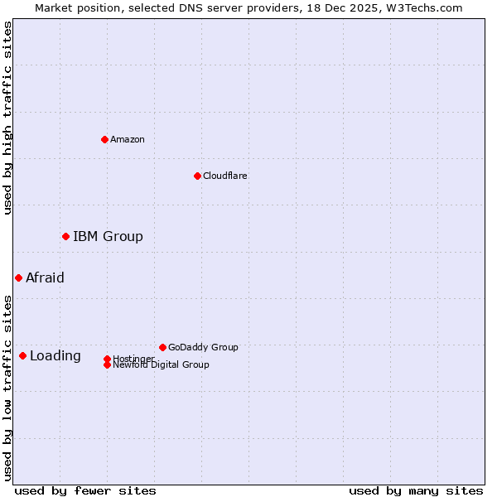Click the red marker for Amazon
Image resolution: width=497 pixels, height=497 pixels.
[104, 139]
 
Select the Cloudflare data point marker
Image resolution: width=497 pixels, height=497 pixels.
[197, 176]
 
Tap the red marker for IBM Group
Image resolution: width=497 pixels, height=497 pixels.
[65, 237]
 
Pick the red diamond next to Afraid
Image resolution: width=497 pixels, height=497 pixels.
[18, 278]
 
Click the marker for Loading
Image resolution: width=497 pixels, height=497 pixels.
[22, 356]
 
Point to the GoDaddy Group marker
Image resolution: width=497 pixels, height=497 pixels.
[162, 347]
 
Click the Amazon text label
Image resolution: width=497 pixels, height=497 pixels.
[128, 139]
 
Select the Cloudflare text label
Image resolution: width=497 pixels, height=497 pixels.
[224, 176]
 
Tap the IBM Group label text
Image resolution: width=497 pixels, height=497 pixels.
[108, 237]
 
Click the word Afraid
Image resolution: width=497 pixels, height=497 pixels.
[45, 278]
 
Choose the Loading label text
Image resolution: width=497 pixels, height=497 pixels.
[55, 356]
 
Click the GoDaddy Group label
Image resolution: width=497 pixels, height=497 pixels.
[203, 347]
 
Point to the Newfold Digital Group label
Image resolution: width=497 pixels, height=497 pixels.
[161, 365]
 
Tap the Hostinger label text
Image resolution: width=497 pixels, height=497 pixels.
[133, 358]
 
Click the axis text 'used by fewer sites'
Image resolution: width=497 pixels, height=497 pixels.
[85, 490]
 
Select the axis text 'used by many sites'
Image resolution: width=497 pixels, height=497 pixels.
[416, 490]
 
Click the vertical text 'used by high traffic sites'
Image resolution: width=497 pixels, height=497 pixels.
[7, 118]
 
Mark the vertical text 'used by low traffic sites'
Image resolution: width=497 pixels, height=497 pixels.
[7, 387]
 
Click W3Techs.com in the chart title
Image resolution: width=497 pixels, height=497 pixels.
[427, 7]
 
